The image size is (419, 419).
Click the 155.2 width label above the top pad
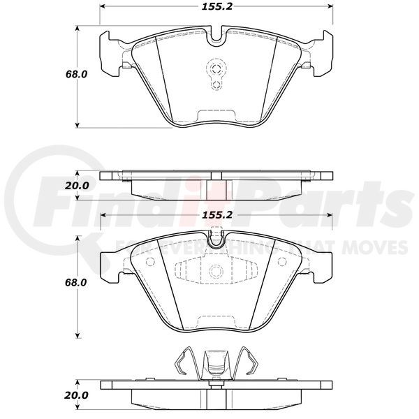[x=216, y=6]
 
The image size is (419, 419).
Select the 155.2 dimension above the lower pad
[x=216, y=215]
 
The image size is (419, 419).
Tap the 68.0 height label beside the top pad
[x=76, y=74]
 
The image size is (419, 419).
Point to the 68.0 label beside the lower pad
[x=76, y=282]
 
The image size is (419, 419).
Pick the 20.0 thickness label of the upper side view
[x=77, y=186]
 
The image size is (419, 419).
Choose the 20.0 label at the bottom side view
[x=76, y=395]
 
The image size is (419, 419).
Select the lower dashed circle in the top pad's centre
[x=216, y=84]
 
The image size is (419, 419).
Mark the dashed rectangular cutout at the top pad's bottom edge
[x=216, y=117]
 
